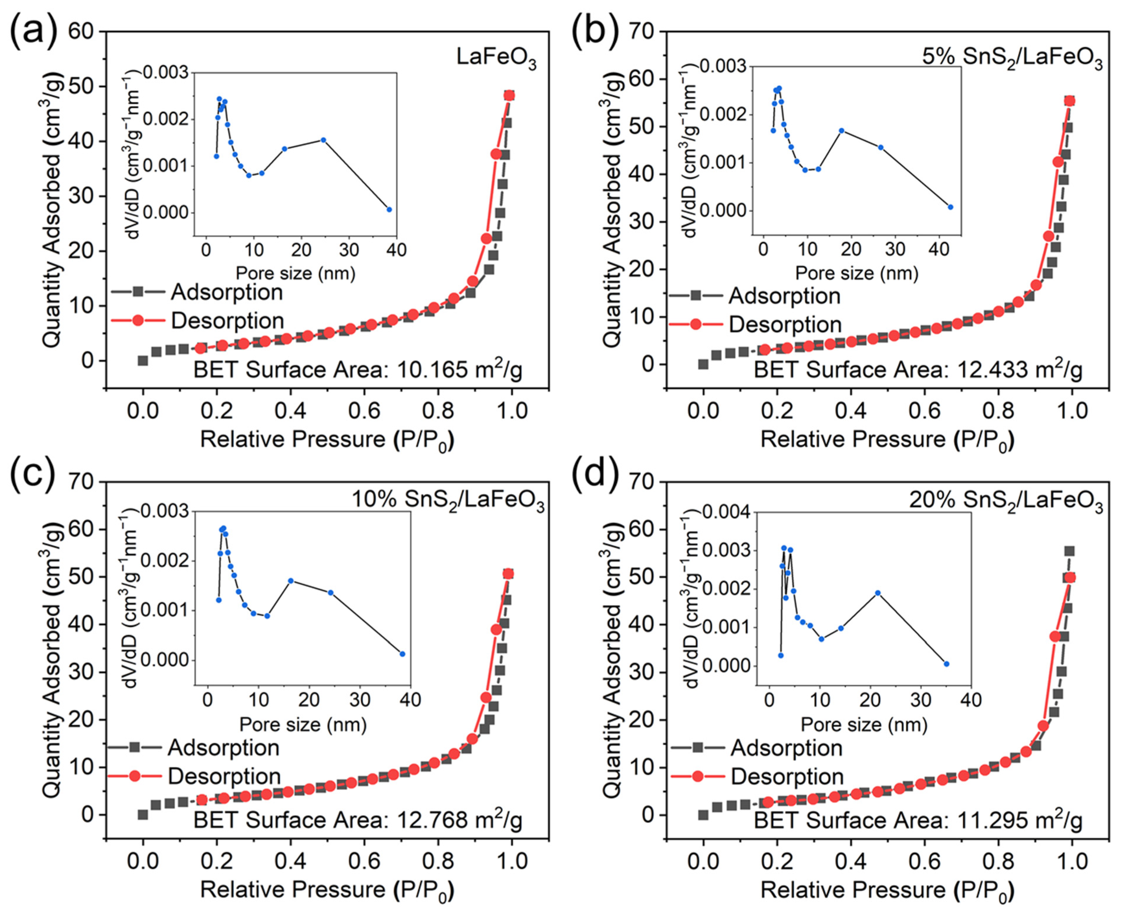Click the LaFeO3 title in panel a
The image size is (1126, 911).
pyautogui.click(x=496, y=58)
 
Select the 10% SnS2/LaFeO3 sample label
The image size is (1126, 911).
pyautogui.click(x=447, y=503)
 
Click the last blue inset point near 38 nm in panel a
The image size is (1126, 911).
pyautogui.click(x=389, y=209)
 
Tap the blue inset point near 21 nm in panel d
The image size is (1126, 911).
pyautogui.click(x=877, y=593)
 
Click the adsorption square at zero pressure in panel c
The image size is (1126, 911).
pyautogui.click(x=143, y=814)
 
